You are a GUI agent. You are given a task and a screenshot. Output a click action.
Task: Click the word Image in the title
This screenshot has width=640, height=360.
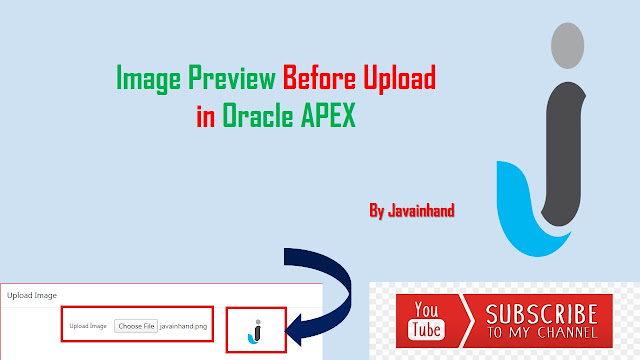click(146, 78)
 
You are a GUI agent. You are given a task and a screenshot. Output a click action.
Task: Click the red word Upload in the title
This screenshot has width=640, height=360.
click(400, 78)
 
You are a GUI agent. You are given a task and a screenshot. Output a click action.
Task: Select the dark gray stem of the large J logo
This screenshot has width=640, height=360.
click(563, 140)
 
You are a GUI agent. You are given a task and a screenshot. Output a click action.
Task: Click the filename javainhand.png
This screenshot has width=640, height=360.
click(183, 326)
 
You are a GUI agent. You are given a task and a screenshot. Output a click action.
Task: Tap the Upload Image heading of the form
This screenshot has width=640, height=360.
click(32, 295)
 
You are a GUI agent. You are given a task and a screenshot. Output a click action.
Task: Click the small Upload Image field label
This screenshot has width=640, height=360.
click(88, 326)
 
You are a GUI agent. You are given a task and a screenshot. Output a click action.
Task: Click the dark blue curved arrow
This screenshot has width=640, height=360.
click(330, 290)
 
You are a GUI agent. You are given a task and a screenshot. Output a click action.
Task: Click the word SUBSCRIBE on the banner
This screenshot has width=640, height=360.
click(542, 313)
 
